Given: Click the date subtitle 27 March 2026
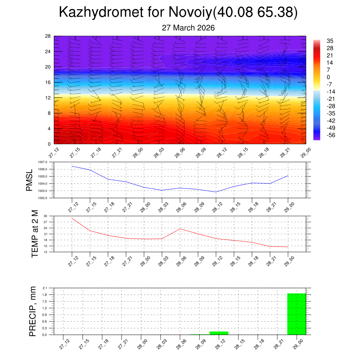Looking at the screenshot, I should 188,28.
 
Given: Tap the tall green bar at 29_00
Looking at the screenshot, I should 296,314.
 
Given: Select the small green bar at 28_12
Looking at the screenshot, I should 219,333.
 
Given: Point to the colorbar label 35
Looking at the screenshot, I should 330,41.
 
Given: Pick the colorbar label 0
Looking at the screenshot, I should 328,77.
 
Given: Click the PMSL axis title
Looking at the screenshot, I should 30,180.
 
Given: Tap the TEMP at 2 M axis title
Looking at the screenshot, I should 34,233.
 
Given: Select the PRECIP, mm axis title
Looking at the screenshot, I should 33,311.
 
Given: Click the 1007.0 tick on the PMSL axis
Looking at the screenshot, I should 48,162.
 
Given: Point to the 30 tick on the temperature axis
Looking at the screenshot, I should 45,216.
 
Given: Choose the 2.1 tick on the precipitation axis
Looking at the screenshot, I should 45,288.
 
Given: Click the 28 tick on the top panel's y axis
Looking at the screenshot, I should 48,36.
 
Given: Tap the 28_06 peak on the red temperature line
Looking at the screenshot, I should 180,229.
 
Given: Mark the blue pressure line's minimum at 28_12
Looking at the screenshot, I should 216,192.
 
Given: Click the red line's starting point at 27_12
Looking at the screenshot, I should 72,218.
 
